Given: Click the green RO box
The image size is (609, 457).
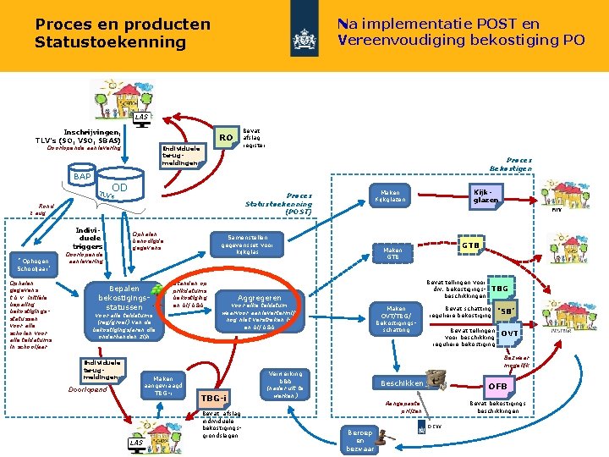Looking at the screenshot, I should (x=224, y=137).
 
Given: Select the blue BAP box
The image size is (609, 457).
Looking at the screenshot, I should (x=82, y=176).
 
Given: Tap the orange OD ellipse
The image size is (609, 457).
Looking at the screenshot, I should (x=119, y=188).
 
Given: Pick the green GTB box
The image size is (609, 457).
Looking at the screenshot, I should (x=471, y=245).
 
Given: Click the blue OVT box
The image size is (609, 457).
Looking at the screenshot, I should (x=509, y=333).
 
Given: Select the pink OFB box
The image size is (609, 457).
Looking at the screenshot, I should (x=497, y=387).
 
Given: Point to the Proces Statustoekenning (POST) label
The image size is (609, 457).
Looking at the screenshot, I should (x=278, y=202).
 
